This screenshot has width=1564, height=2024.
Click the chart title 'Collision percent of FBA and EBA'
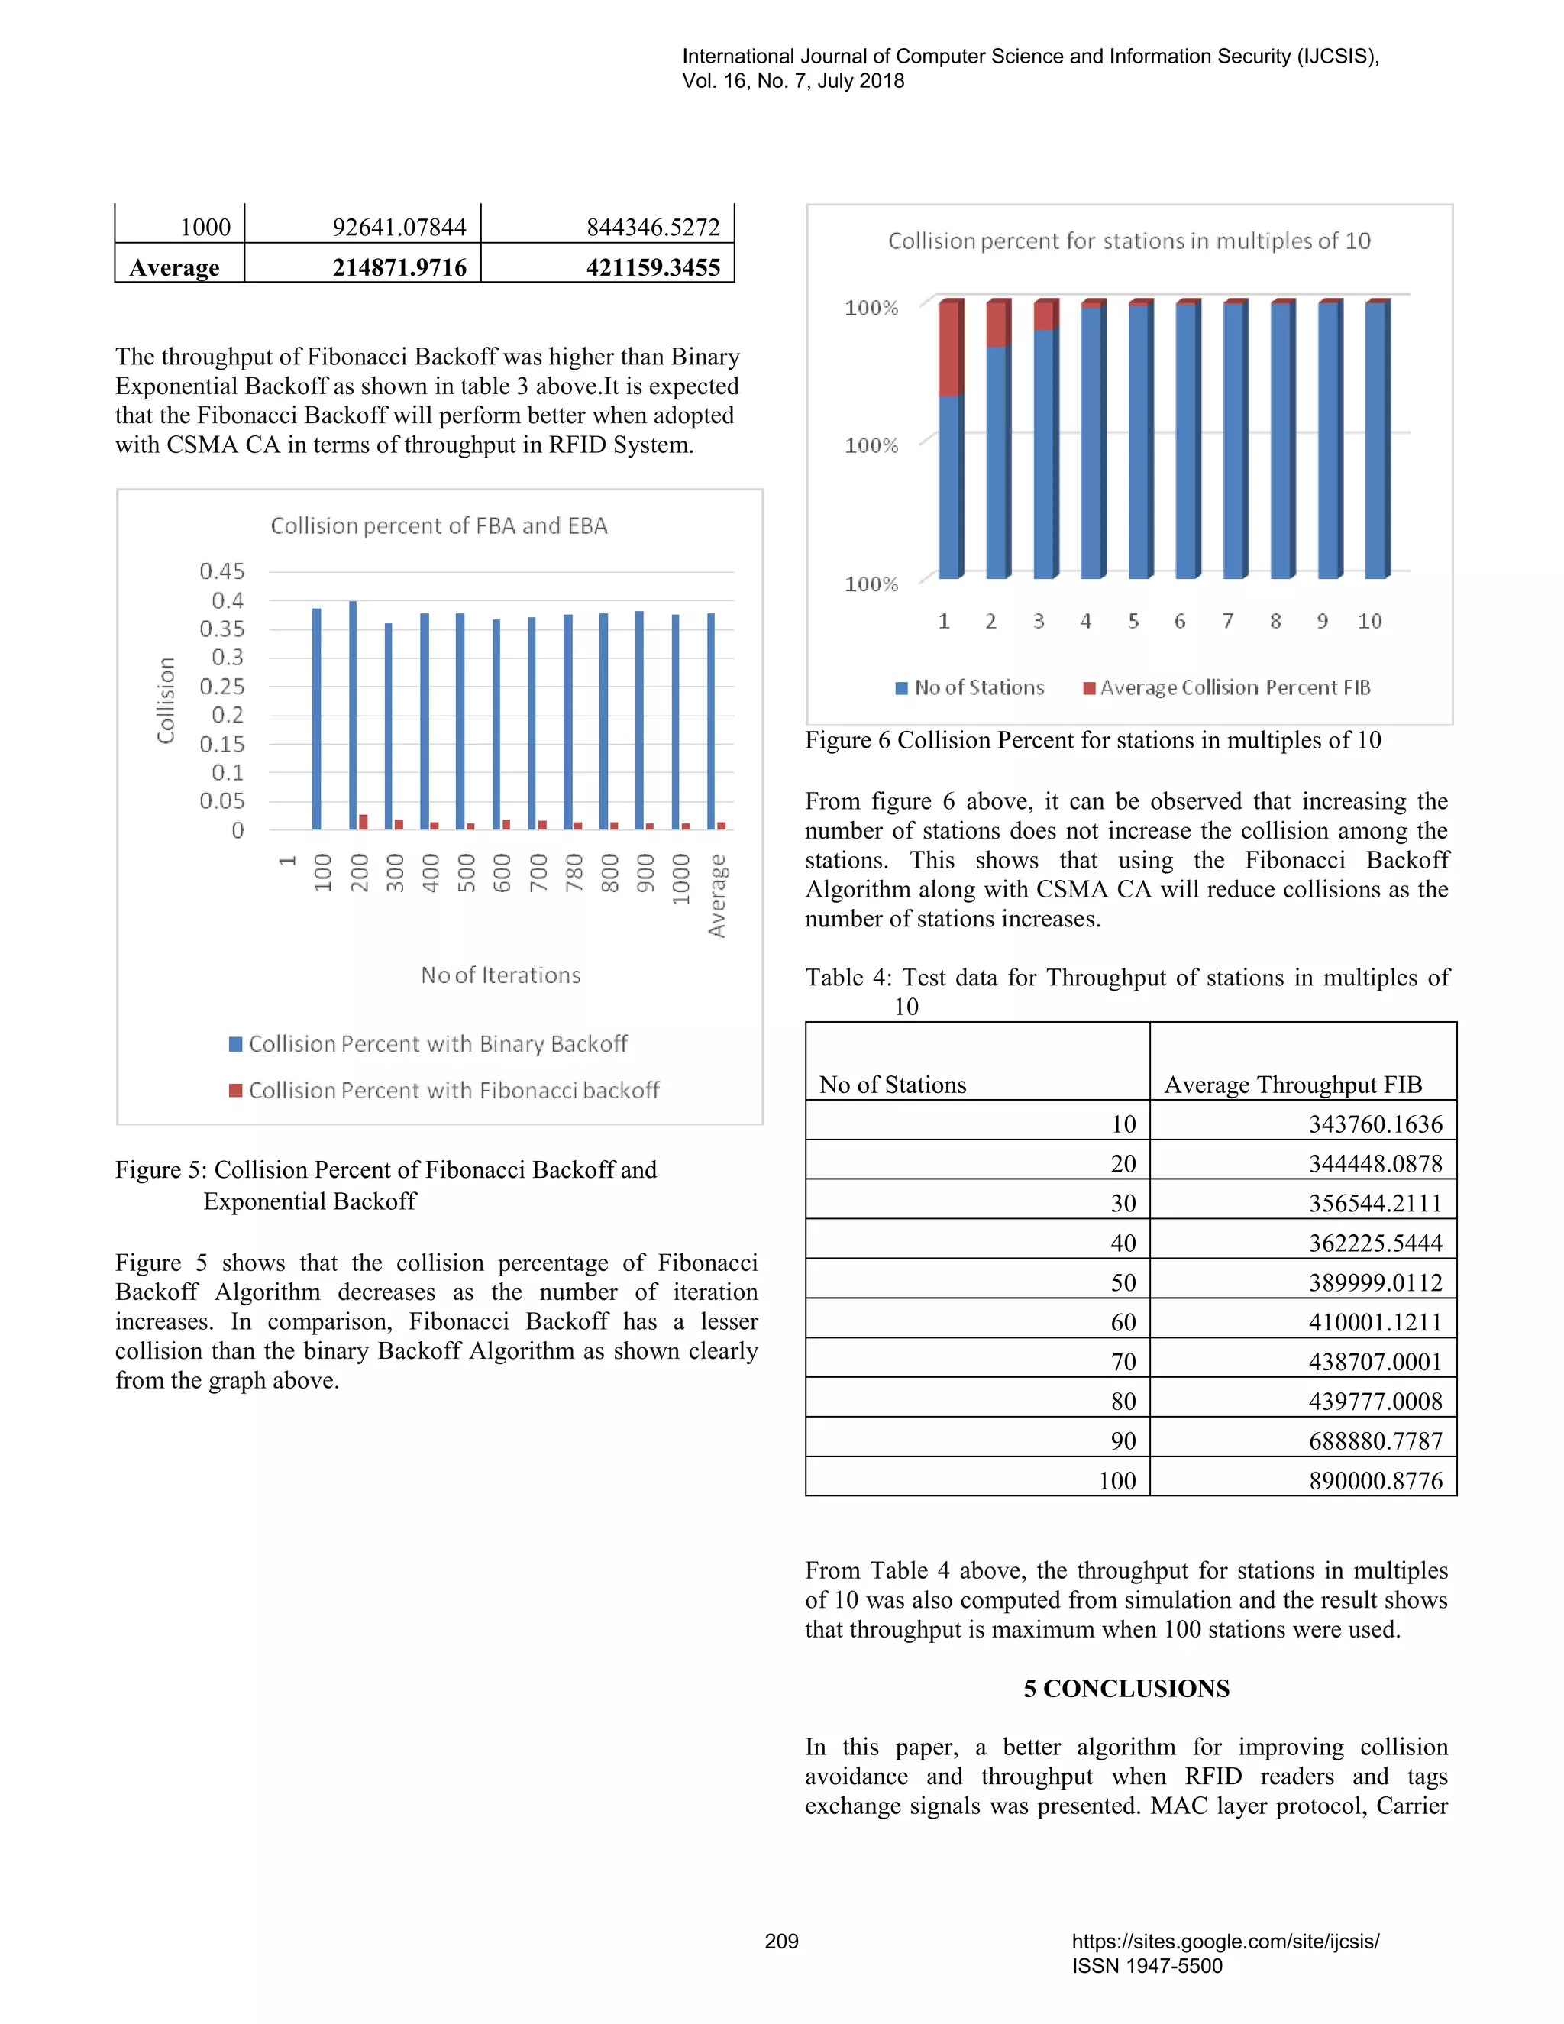pos(438,525)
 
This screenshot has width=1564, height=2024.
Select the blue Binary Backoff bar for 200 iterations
pos(353,715)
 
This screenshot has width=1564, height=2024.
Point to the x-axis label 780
pos(574,873)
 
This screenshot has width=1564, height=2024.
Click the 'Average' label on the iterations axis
pos(716,896)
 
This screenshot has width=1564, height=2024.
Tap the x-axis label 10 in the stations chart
pos(1369,621)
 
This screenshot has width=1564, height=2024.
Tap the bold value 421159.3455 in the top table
pos(652,268)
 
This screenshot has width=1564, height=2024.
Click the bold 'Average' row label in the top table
pos(174,268)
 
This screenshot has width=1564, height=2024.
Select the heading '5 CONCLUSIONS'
pos(1126,1689)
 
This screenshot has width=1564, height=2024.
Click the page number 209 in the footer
pos(781,1942)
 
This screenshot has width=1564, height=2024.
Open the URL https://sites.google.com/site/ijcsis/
pos(1225,1942)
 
